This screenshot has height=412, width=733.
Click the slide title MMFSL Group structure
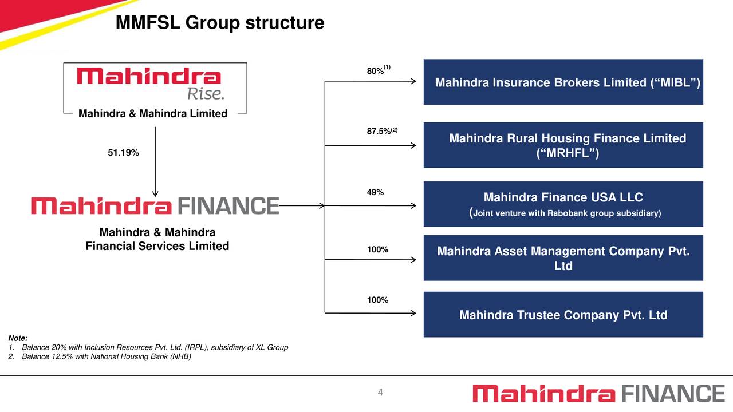219,23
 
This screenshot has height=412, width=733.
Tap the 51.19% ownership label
123,153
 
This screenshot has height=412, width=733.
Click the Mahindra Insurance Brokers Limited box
563,82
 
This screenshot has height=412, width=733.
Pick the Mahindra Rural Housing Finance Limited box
563,145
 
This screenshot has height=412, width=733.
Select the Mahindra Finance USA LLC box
563,204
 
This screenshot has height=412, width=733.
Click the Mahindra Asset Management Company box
563,258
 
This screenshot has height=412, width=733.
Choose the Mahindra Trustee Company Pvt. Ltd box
563,315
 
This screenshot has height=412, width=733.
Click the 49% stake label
375,192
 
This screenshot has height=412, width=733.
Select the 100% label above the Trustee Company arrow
377,300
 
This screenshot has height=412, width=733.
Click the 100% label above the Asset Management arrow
377,250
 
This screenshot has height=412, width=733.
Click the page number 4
380,392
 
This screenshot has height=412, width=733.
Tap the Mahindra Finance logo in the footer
598,394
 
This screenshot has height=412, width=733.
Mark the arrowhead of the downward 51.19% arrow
155,193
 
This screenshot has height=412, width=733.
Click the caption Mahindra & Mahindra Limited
153,114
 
